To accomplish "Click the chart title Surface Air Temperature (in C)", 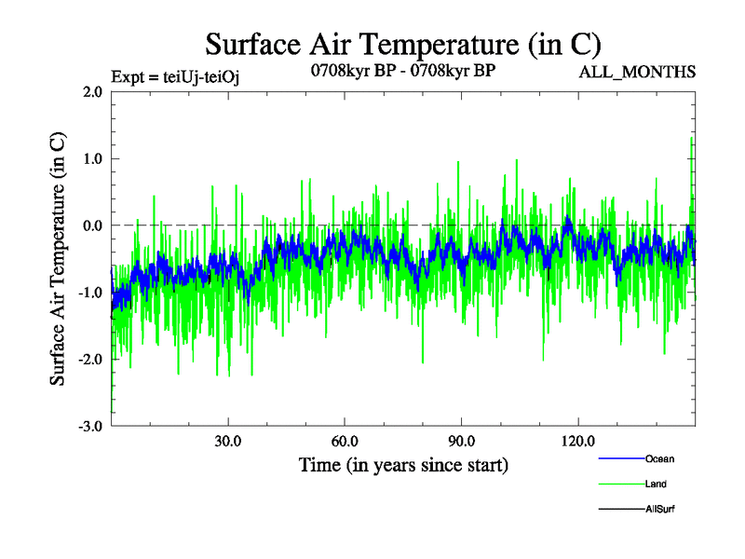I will (402, 44).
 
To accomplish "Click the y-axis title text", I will (58, 259).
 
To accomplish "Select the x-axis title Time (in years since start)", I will (403, 464).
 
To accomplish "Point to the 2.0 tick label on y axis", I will (91, 92).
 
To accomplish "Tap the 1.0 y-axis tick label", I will (91, 159).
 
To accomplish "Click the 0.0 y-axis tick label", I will (91, 225).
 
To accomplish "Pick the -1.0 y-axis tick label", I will (89, 293).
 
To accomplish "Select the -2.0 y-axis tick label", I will (89, 360).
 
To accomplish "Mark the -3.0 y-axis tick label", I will (89, 427).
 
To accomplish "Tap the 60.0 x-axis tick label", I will (345, 441).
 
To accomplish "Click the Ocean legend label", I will (659, 458).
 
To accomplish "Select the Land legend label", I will (656, 484).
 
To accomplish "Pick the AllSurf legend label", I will (660, 510).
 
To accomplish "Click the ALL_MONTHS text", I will (637, 73).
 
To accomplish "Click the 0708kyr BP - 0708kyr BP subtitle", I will (402, 70).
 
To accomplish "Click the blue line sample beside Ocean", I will (620, 459).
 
